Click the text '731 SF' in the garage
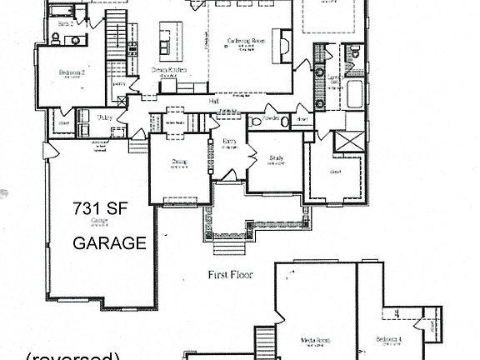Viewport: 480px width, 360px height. [x=97, y=208]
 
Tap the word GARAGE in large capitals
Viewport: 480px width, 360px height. [x=110, y=244]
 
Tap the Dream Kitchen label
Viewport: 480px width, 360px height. [x=167, y=70]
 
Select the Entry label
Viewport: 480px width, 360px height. [x=229, y=142]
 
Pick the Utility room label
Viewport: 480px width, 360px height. [x=105, y=117]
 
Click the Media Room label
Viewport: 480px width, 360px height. [x=316, y=339]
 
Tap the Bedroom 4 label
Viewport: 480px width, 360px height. [x=388, y=339]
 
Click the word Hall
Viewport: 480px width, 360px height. [x=214, y=101]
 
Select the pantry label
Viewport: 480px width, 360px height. [x=119, y=83]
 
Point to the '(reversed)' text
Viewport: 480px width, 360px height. [x=73, y=357]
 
